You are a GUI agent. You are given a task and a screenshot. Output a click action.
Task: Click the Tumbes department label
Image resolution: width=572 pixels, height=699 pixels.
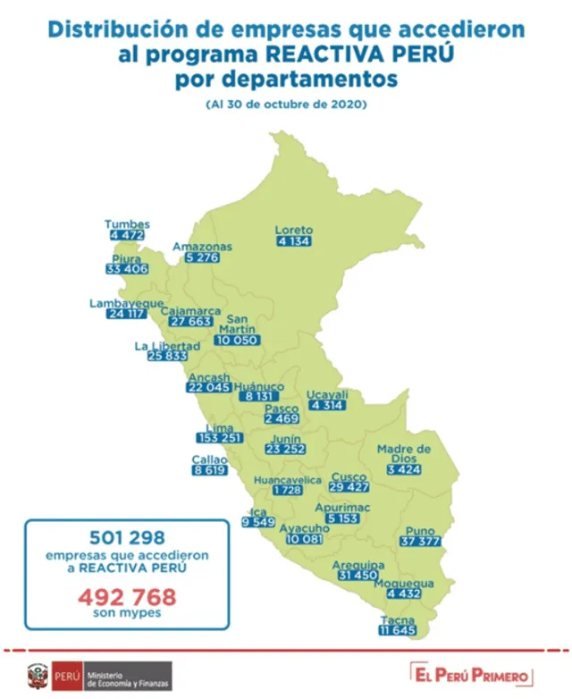[x=127, y=224]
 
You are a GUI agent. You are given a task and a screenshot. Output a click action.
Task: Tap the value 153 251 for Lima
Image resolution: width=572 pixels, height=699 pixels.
[x=220, y=439]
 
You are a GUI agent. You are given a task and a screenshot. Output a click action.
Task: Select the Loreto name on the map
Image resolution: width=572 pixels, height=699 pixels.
[x=294, y=230]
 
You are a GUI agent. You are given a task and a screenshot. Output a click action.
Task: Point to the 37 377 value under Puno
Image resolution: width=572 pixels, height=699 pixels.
[x=419, y=542]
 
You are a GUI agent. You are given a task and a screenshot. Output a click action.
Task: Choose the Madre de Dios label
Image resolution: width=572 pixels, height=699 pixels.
[x=404, y=453]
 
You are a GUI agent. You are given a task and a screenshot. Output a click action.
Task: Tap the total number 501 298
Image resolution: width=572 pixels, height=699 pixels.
[x=128, y=537]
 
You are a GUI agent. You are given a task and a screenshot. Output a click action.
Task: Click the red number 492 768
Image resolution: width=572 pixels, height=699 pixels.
[x=128, y=596]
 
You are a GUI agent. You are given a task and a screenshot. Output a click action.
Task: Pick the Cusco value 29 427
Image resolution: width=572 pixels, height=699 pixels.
[x=349, y=487]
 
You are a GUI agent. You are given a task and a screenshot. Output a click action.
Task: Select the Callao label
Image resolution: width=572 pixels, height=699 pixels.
[x=209, y=459]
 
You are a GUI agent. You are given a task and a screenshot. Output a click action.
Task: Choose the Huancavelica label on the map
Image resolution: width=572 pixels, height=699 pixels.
[x=287, y=481]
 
